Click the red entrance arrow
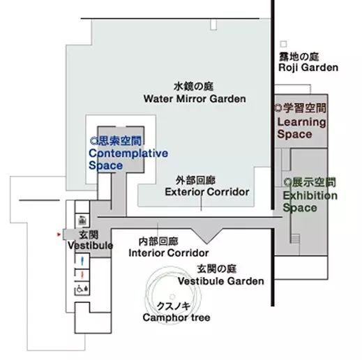coord(59,234)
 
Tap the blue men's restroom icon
coord(82,261)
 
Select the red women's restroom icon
coord(82,276)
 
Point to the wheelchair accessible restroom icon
coord(82,289)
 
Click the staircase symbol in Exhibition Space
coord(295,239)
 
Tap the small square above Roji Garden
coord(283,44)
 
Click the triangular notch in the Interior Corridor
coord(206,235)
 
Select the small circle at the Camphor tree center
coord(172,297)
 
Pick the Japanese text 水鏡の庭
coord(193,87)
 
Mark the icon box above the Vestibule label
coord(82,220)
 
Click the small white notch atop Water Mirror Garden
coord(213,24)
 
